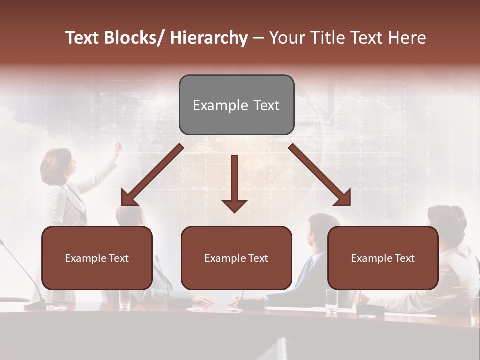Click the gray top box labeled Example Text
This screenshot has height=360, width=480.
click(236, 105)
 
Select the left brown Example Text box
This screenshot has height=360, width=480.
click(97, 258)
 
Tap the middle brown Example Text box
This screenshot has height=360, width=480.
click(236, 258)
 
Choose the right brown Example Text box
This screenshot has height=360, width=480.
click(383, 258)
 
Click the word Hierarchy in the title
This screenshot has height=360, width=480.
click(209, 38)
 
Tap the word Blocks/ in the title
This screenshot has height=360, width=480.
click(135, 38)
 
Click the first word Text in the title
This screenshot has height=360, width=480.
click(82, 38)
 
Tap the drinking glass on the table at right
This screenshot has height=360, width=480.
click(331, 301)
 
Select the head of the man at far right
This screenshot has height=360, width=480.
click(446, 220)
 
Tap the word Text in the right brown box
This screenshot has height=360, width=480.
click(404, 258)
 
